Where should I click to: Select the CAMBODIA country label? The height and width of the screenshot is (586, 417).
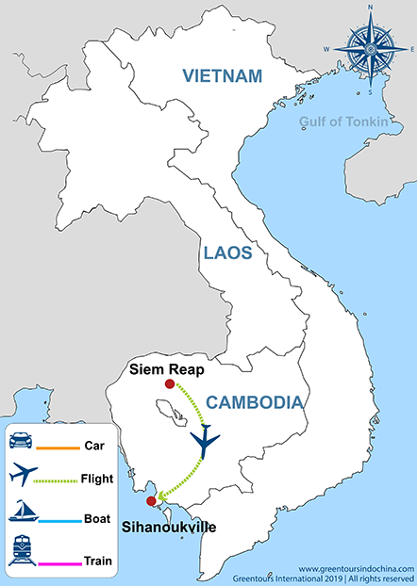255,402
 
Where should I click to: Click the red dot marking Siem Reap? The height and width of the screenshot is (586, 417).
169,384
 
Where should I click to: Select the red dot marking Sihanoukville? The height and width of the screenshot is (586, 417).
151,500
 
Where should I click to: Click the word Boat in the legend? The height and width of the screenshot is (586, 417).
96,518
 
